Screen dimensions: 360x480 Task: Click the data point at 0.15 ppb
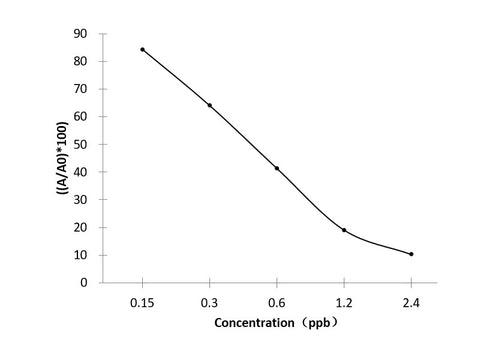(x=142, y=49)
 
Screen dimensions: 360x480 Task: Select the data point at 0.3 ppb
(x=209, y=105)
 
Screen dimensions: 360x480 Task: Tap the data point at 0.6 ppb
(x=277, y=168)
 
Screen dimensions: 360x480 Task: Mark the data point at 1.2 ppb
(x=344, y=230)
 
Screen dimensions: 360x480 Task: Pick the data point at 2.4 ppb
(x=411, y=254)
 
